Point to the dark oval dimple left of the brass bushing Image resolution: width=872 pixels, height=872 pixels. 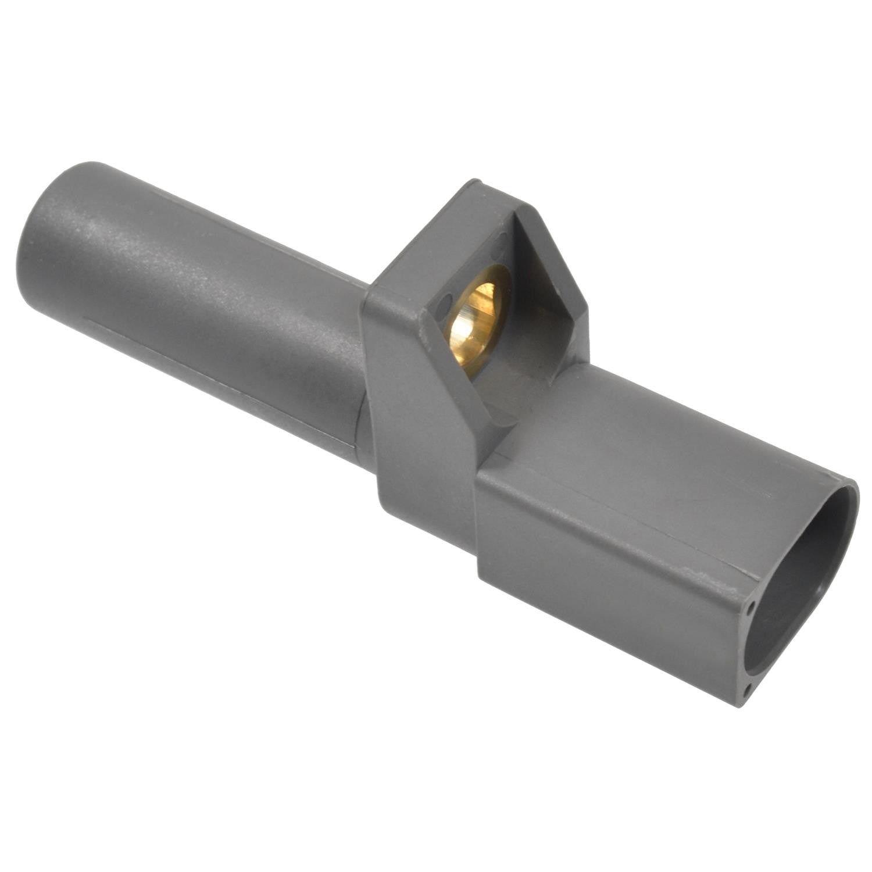coord(446,303)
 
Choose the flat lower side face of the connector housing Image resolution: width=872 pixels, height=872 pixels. coord(599,593)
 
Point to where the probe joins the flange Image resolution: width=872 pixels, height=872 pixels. coord(363,372)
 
